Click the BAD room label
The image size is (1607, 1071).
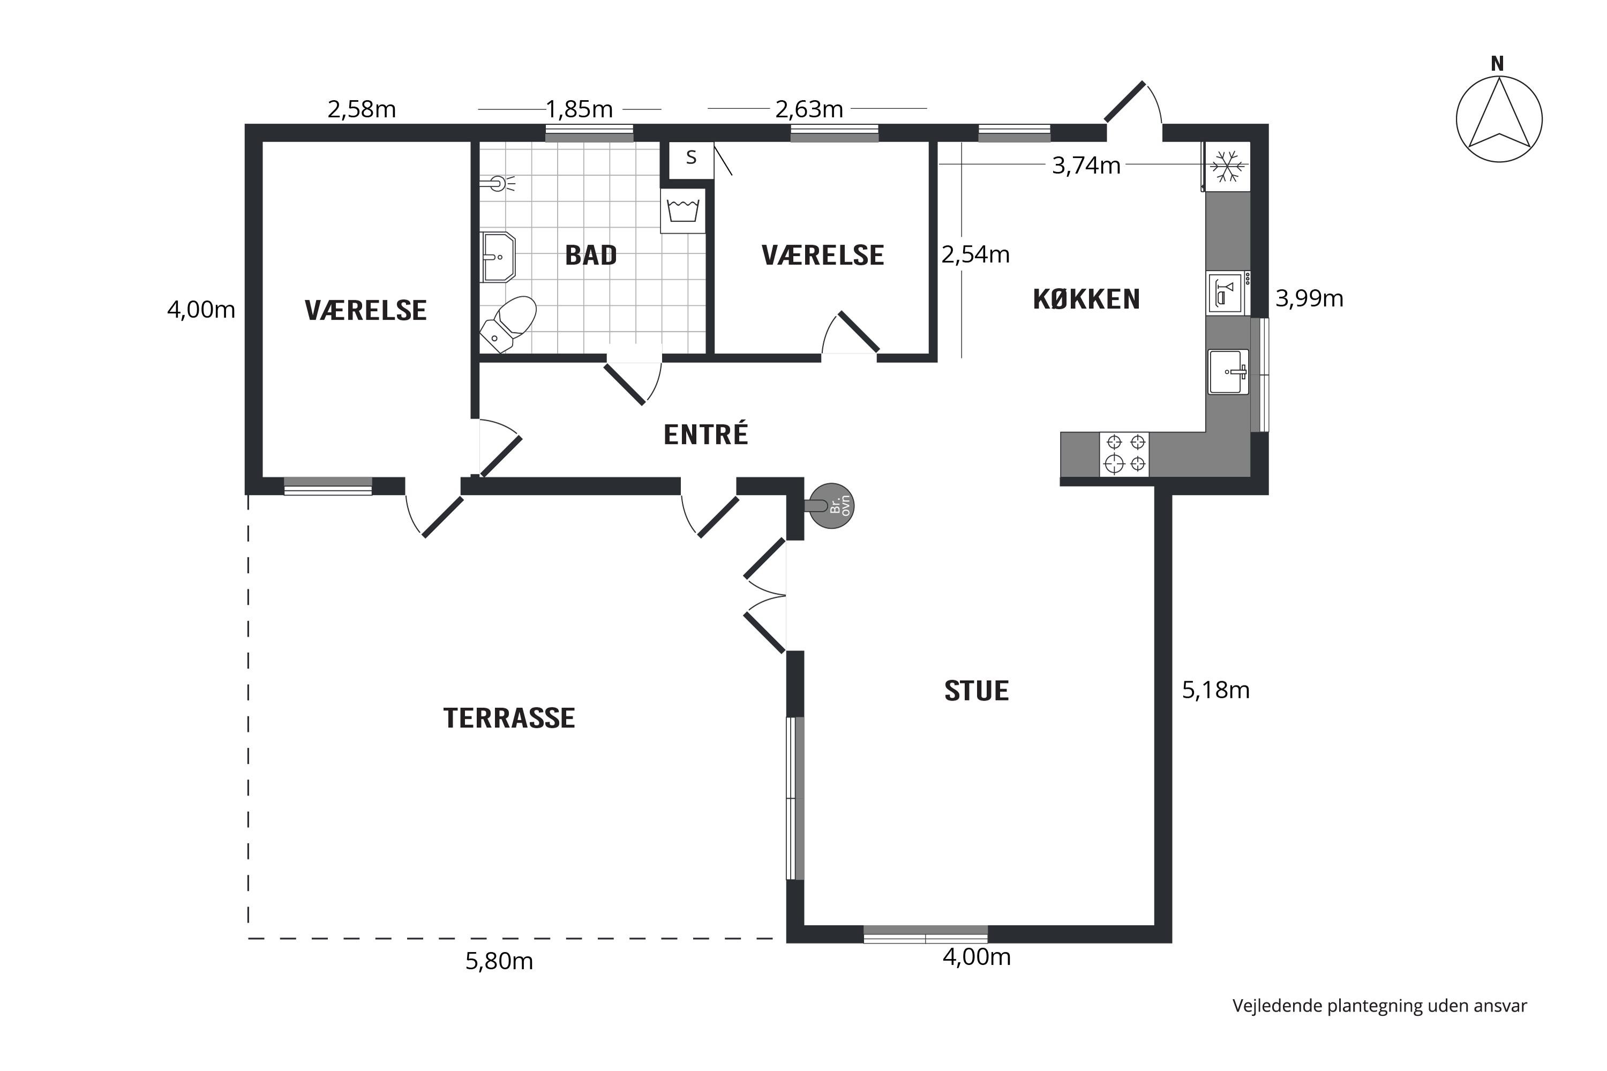[591, 255]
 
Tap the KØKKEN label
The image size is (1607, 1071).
[1086, 299]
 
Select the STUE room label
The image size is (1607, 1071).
[977, 691]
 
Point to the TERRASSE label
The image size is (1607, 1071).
[509, 718]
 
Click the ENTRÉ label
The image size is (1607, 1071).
[706, 434]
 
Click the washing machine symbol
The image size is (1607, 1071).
[682, 210]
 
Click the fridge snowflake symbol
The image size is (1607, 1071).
[1228, 166]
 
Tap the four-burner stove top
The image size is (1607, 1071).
[1124, 454]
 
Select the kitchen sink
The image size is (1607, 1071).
[1228, 372]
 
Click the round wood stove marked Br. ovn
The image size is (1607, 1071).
[831, 506]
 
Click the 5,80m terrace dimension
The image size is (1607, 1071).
[499, 962]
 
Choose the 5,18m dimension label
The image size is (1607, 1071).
[1216, 691]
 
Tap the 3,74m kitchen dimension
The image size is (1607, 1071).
[1086, 166]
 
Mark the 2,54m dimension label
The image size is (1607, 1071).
[975, 255]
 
